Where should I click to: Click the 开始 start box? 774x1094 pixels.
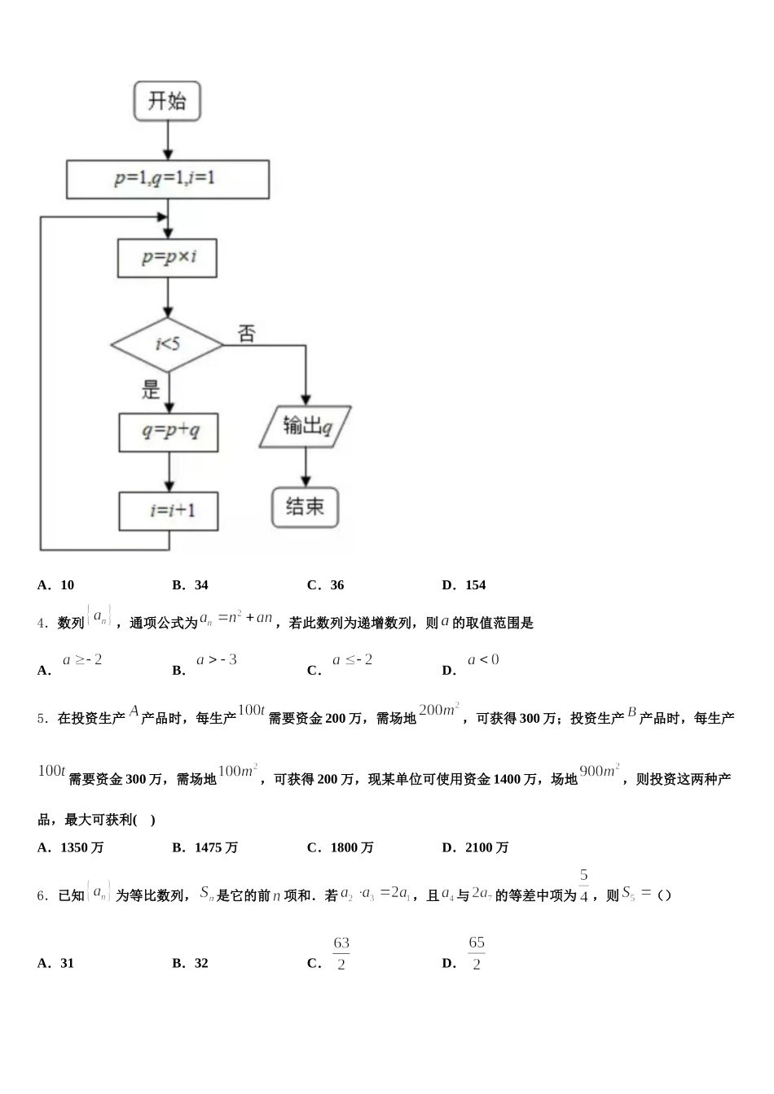pyautogui.click(x=167, y=102)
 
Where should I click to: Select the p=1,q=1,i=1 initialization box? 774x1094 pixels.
pyautogui.click(x=167, y=179)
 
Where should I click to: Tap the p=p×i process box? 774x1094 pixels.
pyautogui.click(x=168, y=258)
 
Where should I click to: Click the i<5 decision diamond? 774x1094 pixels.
pyautogui.click(x=168, y=344)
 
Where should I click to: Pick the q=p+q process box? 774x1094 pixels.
pyautogui.click(x=169, y=431)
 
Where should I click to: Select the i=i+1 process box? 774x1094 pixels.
pyautogui.click(x=169, y=510)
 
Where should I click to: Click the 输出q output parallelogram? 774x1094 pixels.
pyautogui.click(x=306, y=427)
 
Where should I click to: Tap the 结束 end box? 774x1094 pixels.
pyautogui.click(x=305, y=507)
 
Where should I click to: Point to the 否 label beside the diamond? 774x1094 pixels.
pyautogui.click(x=246, y=334)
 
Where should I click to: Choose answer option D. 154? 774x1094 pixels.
pyautogui.click(x=464, y=584)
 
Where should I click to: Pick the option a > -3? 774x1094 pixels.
pyautogui.click(x=216, y=660)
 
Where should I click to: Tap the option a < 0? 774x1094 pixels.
pyautogui.click(x=483, y=660)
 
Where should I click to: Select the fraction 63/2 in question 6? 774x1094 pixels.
pyautogui.click(x=341, y=953)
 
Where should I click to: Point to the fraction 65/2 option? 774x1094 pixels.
pyautogui.click(x=476, y=953)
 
